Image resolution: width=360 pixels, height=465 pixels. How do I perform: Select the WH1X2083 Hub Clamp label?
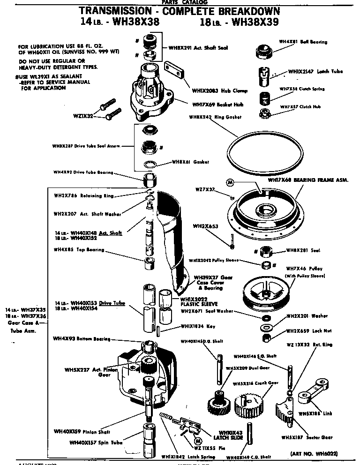coord(219,90)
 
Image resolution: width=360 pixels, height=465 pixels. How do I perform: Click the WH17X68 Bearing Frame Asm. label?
coord(308,180)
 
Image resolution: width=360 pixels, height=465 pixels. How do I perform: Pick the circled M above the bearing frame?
coord(230,182)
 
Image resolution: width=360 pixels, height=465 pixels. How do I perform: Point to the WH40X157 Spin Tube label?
coord(96,442)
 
